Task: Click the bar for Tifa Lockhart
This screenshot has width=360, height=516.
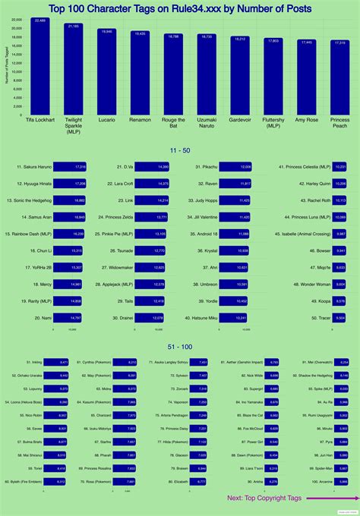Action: pos(40,68)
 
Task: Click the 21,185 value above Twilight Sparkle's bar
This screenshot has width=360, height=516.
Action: pos(73,26)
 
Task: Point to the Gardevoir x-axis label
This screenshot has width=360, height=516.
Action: pos(240,119)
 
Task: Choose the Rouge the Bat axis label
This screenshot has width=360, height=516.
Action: pos(173,122)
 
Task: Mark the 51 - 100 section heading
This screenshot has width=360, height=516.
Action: pos(180,347)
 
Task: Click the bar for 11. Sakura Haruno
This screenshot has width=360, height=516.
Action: pos(70,166)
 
